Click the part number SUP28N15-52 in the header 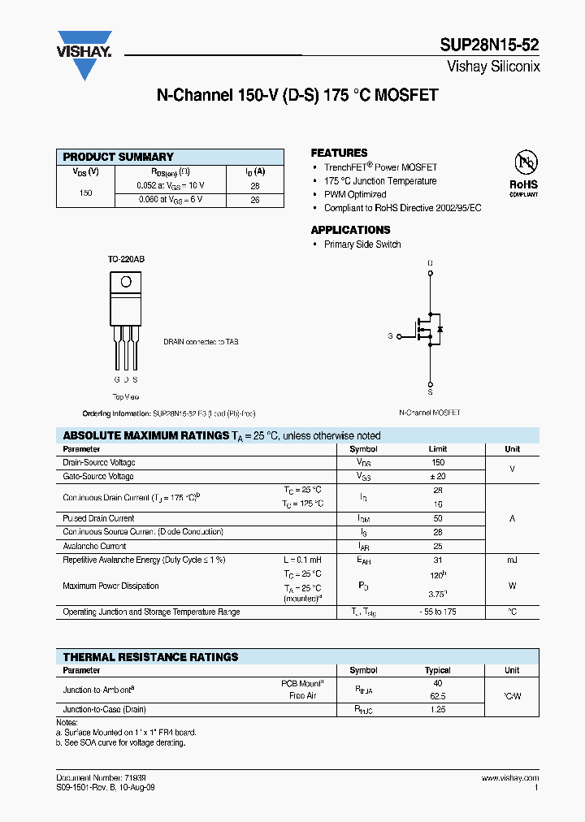(494, 45)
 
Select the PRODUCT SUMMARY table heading (119, 157)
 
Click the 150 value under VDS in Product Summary (85, 193)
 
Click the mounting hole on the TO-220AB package (126, 282)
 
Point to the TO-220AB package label (126, 259)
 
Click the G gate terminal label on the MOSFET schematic (390, 335)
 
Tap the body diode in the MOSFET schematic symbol (440, 329)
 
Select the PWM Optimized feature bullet (355, 195)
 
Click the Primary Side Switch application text (362, 244)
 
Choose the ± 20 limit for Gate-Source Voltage (437, 477)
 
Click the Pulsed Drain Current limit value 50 (437, 518)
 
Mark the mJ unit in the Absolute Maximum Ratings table (512, 560)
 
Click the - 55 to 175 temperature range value (437, 612)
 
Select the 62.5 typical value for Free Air (437, 696)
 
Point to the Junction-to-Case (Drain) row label (104, 710)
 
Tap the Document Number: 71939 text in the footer (101, 778)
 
